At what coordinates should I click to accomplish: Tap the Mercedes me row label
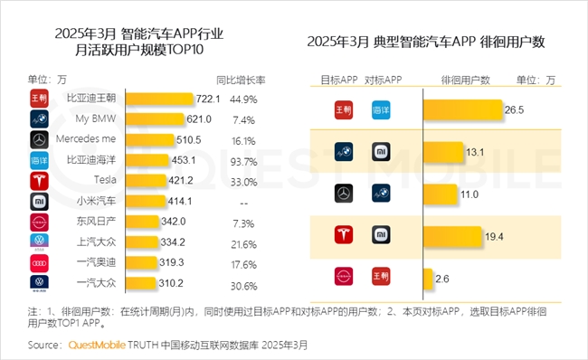tap(89, 140)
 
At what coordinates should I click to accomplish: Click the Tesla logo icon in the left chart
tap(38, 181)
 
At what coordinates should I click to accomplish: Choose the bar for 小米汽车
tap(149, 202)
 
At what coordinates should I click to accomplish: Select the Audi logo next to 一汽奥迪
tap(38, 264)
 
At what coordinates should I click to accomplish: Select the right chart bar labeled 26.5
tap(461, 109)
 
